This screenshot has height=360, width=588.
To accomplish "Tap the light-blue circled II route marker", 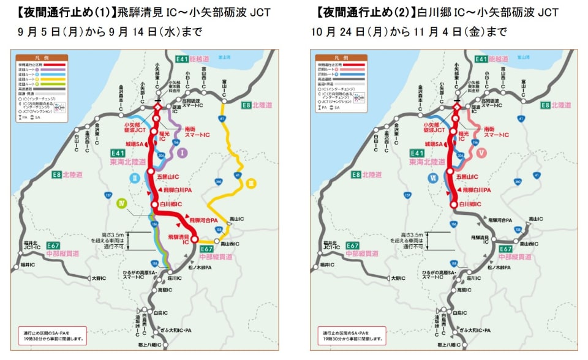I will [136, 179].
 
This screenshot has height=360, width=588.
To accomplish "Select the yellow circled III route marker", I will [252, 183].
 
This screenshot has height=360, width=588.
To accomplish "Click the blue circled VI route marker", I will [433, 179].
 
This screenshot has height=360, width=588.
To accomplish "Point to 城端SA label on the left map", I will [134, 144].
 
